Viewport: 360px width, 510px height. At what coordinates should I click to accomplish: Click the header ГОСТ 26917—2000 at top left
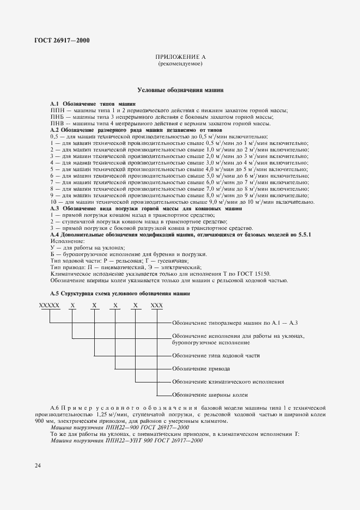pyautogui.click(x=57, y=41)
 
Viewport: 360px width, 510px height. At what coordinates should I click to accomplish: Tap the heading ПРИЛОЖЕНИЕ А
pyautogui.click(x=180, y=57)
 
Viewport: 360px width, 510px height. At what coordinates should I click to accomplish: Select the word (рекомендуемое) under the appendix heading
pyautogui.click(x=180, y=64)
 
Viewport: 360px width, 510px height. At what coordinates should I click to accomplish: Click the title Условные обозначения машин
pyautogui.click(x=180, y=89)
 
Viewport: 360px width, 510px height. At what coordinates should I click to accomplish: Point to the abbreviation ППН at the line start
pyautogui.click(x=57, y=111)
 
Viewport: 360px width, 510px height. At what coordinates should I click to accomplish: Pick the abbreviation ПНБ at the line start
pyautogui.click(x=57, y=117)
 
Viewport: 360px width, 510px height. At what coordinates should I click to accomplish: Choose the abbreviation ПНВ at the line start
pyautogui.click(x=57, y=124)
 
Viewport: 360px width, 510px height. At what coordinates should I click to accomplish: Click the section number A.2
pyautogui.click(x=54, y=130)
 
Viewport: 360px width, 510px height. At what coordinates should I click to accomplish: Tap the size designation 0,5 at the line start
pyautogui.click(x=54, y=137)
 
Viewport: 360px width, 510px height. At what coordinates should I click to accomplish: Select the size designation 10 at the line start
pyautogui.click(x=54, y=202)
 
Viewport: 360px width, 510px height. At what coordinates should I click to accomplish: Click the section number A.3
pyautogui.click(x=54, y=209)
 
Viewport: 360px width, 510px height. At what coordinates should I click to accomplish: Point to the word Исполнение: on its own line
pyautogui.click(x=68, y=241)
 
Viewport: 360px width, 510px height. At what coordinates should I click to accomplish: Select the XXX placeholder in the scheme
pyautogui.click(x=157, y=306)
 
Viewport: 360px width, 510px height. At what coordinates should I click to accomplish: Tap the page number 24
pyautogui.click(x=37, y=466)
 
